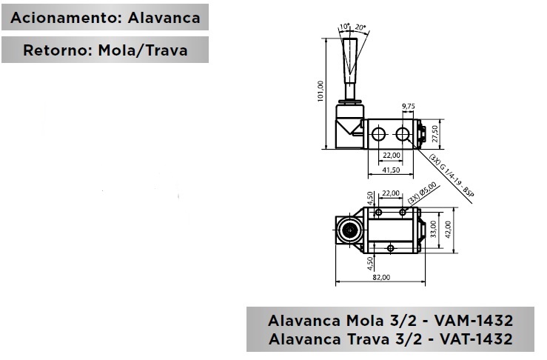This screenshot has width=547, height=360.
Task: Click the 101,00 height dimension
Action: pyautogui.click(x=321, y=91)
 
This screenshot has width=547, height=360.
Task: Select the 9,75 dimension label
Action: pyautogui.click(x=408, y=106)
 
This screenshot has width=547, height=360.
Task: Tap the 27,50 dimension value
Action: pyautogui.click(x=434, y=134)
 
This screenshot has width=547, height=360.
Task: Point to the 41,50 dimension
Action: pyautogui.click(x=391, y=170)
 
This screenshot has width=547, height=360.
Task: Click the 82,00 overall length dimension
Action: pyautogui.click(x=381, y=277)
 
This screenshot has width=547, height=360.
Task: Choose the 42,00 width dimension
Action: pyautogui.click(x=448, y=230)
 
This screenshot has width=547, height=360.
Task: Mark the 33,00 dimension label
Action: pyautogui.click(x=433, y=229)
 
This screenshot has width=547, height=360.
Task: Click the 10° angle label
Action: pyautogui.click(x=345, y=26)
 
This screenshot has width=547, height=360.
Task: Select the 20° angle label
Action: pyautogui.click(x=360, y=27)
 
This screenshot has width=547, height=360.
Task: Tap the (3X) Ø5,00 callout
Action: pyautogui.click(x=422, y=193)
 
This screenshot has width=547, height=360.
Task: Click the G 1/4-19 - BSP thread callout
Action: pyautogui.click(x=452, y=179)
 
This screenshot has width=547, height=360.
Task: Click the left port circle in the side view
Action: pyautogui.click(x=378, y=134)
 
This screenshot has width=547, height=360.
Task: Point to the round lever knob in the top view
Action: pyautogui.click(x=349, y=230)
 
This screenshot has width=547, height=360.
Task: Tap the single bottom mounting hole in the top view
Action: pyautogui.click(x=391, y=248)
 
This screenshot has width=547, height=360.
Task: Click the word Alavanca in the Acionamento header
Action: pyautogui.click(x=164, y=18)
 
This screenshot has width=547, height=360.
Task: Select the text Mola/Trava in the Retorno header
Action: pyautogui.click(x=143, y=50)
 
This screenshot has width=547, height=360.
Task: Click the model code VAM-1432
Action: pyautogui.click(x=474, y=321)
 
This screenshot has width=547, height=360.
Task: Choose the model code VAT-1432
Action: pyautogui.click(x=476, y=339)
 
